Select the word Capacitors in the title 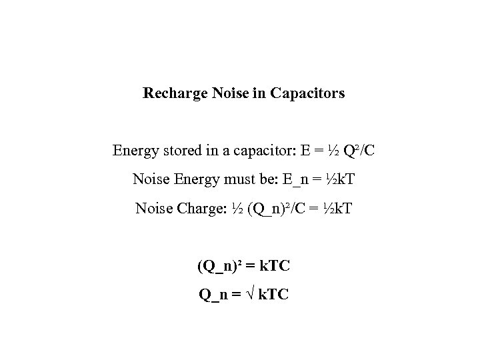[x=308, y=94]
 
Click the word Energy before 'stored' [x=135, y=151]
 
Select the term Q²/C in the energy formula [x=358, y=151]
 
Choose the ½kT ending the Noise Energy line [x=331, y=180]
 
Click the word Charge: [x=199, y=209]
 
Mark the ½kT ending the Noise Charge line [x=338, y=209]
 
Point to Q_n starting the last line [x=213, y=294]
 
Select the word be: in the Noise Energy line [x=256, y=180]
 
